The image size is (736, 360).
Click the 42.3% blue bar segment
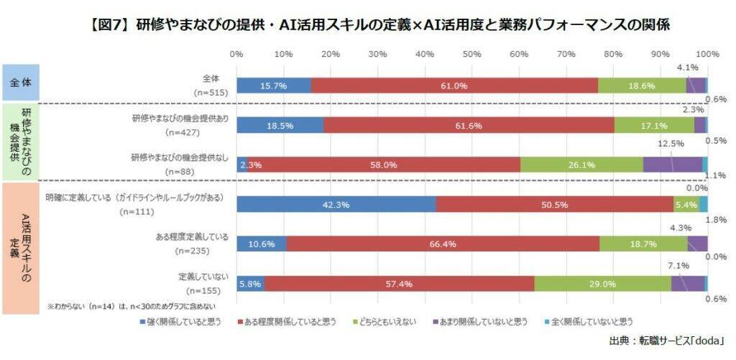pos(336,204)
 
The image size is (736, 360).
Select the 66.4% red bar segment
pos(443,244)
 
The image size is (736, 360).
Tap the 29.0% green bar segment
pos(602,284)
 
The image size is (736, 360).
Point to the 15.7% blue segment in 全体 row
pos(274,85)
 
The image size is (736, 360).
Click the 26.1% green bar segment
pos(581,165)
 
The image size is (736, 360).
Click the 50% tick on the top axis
pos(471,55)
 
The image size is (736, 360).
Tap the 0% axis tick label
pos(236,55)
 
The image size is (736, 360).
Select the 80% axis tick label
pos(613,55)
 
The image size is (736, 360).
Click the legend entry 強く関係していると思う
pos(180,320)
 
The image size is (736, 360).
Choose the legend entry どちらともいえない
pos(387,320)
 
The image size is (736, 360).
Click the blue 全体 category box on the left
pos(21,84)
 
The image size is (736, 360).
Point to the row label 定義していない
pos(203,276)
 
